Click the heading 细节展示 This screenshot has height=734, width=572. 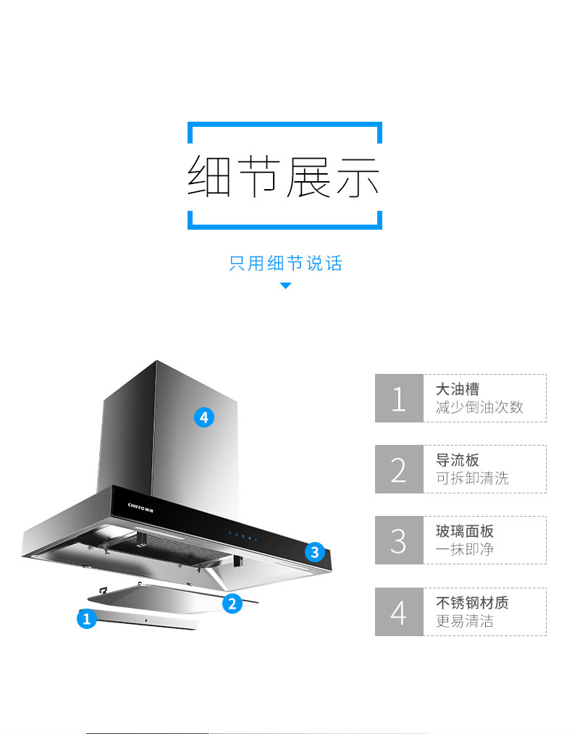[285, 176]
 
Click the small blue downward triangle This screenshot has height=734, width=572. [285, 286]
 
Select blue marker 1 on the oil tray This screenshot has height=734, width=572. [87, 619]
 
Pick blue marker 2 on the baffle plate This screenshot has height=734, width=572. [232, 603]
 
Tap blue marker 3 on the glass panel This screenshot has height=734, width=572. [314, 552]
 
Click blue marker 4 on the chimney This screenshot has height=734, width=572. [204, 417]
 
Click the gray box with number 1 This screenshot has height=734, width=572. [399, 398]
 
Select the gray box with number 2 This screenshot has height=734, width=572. [399, 469]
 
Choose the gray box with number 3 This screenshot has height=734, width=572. [399, 540]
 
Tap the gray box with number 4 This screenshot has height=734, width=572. [399, 612]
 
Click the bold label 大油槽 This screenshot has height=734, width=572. [458, 389]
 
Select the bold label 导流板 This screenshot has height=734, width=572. [458, 460]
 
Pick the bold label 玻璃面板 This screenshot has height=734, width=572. [464, 531]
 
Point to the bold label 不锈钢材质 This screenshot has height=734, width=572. [472, 602]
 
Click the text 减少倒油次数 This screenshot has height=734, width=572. [479, 407]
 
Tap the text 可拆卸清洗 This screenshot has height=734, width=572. [472, 478]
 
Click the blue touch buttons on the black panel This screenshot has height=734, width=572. [243, 537]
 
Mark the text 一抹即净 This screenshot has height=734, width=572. [465, 549]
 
